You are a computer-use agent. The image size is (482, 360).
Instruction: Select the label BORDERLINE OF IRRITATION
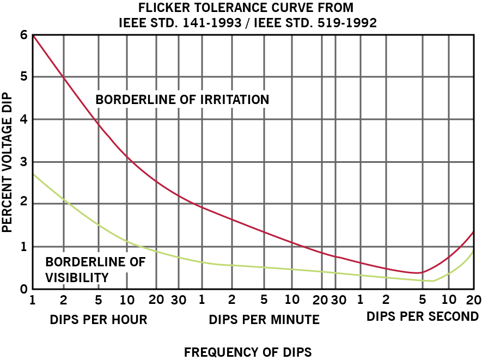click(x=182, y=100)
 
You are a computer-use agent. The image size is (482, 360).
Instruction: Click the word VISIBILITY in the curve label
click(x=77, y=277)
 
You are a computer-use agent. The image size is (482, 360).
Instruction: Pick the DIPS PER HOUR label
click(x=98, y=319)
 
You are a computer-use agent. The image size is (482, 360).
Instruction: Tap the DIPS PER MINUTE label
click(x=264, y=319)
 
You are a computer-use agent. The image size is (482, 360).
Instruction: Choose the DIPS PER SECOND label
click(x=423, y=316)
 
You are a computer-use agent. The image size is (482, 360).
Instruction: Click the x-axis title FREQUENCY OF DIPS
click(x=248, y=352)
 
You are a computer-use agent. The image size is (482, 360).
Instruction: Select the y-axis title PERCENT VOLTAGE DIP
click(x=7, y=162)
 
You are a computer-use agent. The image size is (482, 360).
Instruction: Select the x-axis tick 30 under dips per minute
click(x=338, y=300)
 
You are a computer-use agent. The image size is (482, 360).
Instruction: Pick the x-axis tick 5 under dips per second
click(x=422, y=300)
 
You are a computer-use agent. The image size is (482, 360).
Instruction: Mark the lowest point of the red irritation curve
click(x=417, y=272)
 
